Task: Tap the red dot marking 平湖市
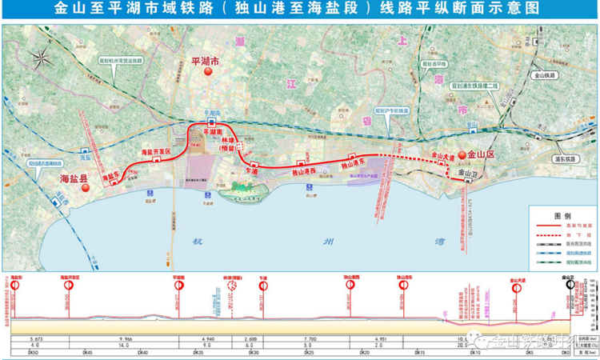(x=208, y=72)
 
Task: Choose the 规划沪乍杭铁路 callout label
(x=392, y=111)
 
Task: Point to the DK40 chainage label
(x=144, y=352)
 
